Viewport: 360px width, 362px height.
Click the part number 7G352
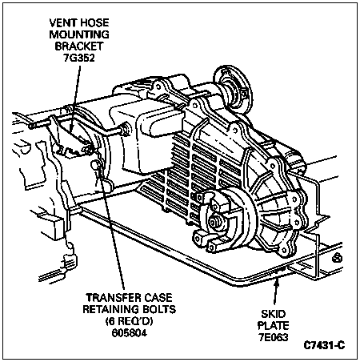[79, 58]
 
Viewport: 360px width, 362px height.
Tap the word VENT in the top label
[63, 22]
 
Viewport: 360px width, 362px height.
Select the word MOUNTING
[79, 34]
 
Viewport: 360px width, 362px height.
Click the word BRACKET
[79, 46]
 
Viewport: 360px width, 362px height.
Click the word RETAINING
[111, 309]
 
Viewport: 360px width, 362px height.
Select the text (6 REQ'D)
[130, 321]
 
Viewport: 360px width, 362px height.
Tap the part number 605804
[130, 333]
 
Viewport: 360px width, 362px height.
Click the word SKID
[274, 314]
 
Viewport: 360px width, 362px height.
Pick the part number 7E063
[274, 337]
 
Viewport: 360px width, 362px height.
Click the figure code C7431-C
[324, 346]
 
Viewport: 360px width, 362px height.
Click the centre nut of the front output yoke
[214, 222]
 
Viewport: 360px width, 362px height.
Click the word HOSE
[94, 22]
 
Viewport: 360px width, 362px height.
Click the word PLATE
[274, 326]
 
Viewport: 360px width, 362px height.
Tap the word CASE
[158, 298]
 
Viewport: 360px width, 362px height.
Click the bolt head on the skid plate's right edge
[337, 259]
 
